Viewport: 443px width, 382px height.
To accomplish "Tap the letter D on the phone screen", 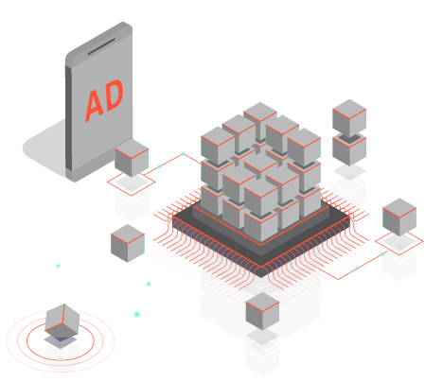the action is point(112,95).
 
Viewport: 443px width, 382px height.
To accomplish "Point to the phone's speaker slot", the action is point(101,46).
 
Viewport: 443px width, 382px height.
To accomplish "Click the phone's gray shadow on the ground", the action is point(45,148).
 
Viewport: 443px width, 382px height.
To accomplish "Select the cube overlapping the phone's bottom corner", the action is point(132,158).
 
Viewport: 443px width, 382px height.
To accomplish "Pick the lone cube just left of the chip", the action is point(128,243).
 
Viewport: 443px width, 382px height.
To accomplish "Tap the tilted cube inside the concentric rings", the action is point(62,321).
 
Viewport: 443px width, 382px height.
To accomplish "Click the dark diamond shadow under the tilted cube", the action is point(61,341).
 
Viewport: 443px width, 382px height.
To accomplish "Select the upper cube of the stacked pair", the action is point(349,118).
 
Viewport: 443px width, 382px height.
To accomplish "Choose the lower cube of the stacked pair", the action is point(349,150).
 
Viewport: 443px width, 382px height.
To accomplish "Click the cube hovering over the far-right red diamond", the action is point(399,217).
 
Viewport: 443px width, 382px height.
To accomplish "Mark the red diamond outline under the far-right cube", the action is point(399,242).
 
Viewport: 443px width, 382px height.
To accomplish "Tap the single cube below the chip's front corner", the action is point(262,311).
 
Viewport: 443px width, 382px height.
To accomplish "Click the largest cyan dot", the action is point(136,314).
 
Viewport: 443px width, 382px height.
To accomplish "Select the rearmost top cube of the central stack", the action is point(260,121).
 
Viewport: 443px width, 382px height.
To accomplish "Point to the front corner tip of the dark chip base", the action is point(261,277).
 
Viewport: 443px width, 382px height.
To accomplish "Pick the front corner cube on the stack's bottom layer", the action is point(261,225).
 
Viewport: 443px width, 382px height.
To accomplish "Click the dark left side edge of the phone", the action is point(68,118).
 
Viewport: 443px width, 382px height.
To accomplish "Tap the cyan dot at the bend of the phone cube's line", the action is point(184,153).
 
